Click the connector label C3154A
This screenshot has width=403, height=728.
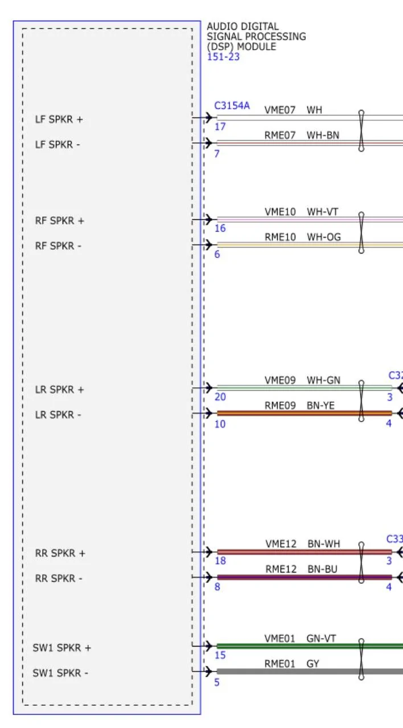pyautogui.click(x=232, y=105)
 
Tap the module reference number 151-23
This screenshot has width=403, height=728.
pyautogui.click(x=224, y=57)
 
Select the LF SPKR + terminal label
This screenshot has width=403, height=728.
pyautogui.click(x=59, y=119)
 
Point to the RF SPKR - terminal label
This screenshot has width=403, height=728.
pyautogui.click(x=58, y=246)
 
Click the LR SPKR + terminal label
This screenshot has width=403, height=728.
pyautogui.click(x=59, y=390)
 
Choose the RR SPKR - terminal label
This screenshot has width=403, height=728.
pyautogui.click(x=59, y=579)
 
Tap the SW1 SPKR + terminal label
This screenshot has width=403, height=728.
pyautogui.click(x=61, y=648)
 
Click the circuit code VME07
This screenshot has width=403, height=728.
pyautogui.click(x=280, y=110)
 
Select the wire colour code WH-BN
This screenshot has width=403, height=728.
pyautogui.click(x=323, y=135)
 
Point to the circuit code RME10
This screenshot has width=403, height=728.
pyautogui.click(x=280, y=237)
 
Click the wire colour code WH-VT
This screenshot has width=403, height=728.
pyautogui.click(x=323, y=212)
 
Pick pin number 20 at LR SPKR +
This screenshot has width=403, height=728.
pyautogui.click(x=220, y=397)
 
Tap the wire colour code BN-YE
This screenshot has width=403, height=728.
pyautogui.click(x=320, y=406)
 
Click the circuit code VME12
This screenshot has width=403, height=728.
pyautogui.click(x=281, y=544)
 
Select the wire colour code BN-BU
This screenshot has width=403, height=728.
pyautogui.click(x=323, y=569)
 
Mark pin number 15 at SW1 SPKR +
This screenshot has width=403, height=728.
pyautogui.click(x=220, y=655)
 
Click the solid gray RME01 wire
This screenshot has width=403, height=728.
pyautogui.click(x=310, y=672)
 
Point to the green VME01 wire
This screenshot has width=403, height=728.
pyautogui.click(x=310, y=646)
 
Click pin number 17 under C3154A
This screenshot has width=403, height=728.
pyautogui.click(x=220, y=126)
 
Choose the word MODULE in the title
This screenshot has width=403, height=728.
pyautogui.click(x=257, y=47)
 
